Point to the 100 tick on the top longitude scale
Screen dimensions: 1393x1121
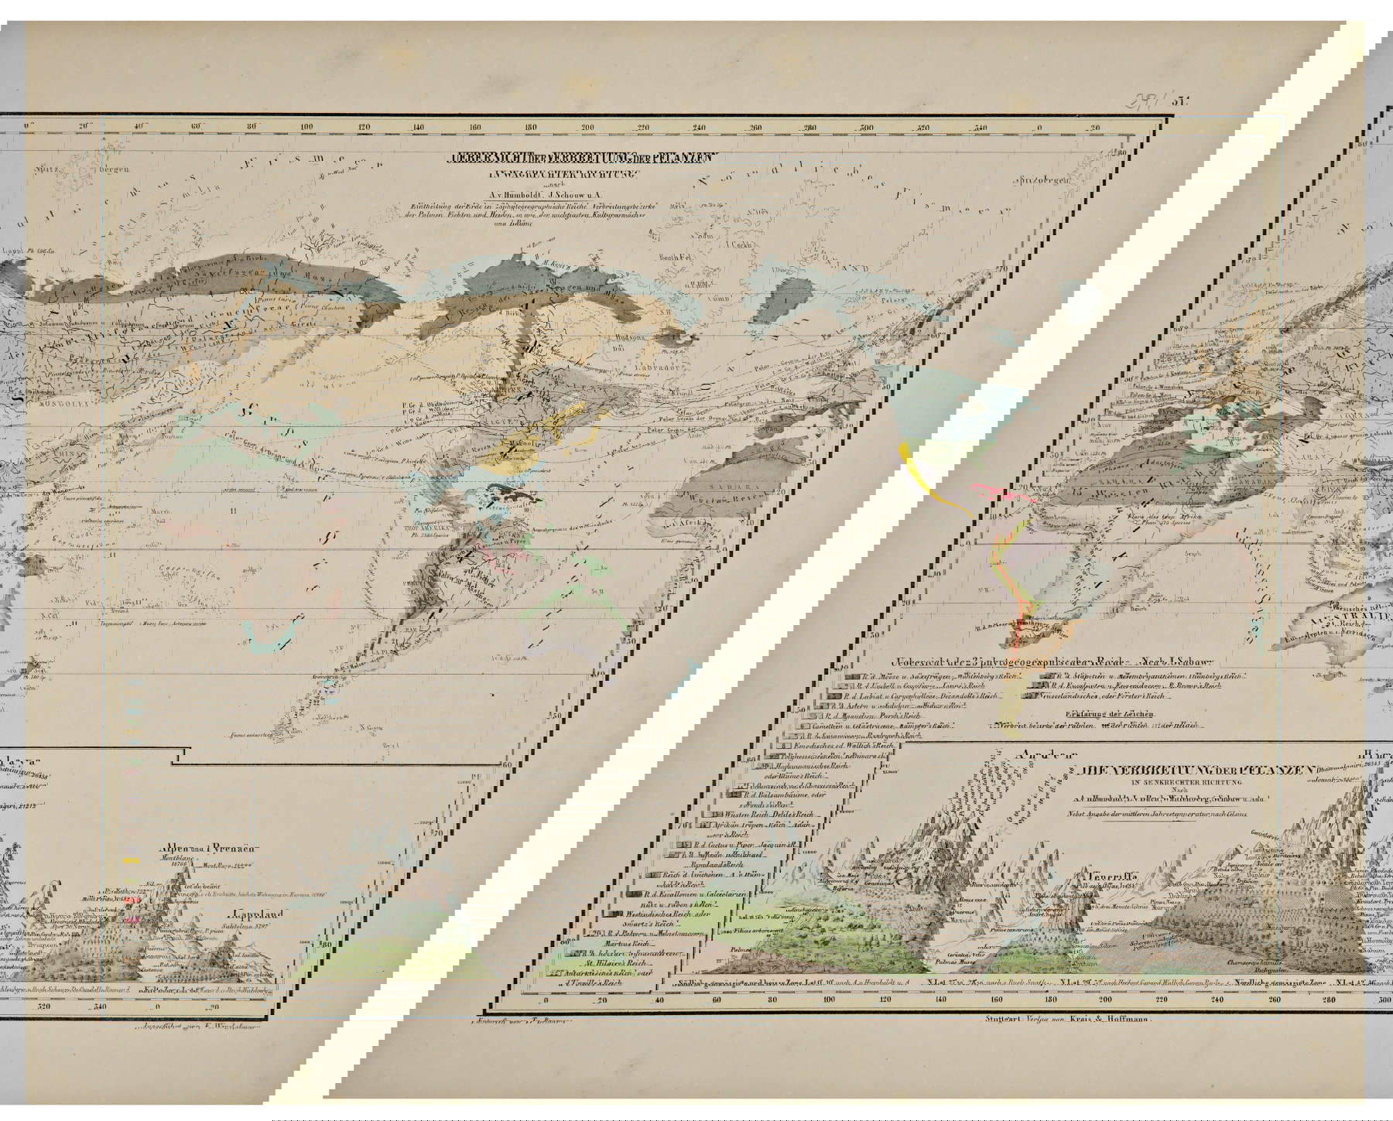tap(307, 128)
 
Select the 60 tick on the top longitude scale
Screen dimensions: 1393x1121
tap(196, 128)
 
